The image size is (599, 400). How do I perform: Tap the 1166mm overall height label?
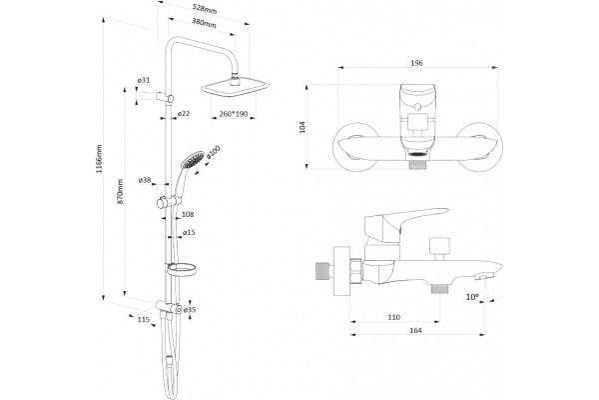click(99, 158)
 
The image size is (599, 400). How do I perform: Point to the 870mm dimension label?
click(120, 191)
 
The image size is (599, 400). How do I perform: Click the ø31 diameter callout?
click(144, 80)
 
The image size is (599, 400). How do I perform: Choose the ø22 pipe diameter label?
click(184, 114)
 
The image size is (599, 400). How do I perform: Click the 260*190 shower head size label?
click(234, 114)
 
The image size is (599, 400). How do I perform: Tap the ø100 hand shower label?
click(214, 152)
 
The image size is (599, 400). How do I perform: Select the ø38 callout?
click(145, 180)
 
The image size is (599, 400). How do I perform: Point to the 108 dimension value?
click(188, 214)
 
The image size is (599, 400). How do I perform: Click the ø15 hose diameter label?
click(189, 232)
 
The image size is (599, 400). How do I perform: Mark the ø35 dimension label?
click(190, 309)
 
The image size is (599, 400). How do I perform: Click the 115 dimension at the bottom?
click(143, 320)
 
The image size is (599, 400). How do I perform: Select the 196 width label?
click(416, 63)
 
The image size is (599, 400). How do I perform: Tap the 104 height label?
click(302, 127)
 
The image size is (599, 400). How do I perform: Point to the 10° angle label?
click(472, 297)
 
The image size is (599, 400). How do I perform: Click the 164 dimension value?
click(415, 330)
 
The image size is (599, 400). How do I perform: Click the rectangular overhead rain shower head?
click(235, 88)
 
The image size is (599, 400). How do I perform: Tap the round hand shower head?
click(194, 159)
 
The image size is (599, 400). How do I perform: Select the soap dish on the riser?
click(181, 269)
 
